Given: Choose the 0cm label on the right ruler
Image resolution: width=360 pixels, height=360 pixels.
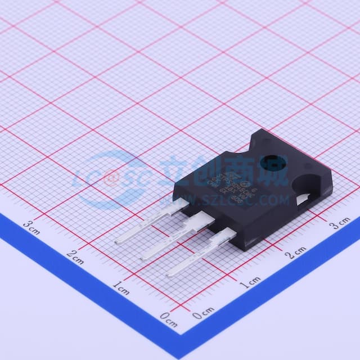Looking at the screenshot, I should click(203, 313).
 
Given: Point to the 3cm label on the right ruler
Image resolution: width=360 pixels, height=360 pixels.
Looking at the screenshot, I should click(340, 224).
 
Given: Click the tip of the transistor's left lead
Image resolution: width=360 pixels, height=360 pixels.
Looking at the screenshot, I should click(117, 242).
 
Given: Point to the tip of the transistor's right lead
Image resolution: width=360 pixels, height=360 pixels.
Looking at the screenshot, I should click(169, 274).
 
